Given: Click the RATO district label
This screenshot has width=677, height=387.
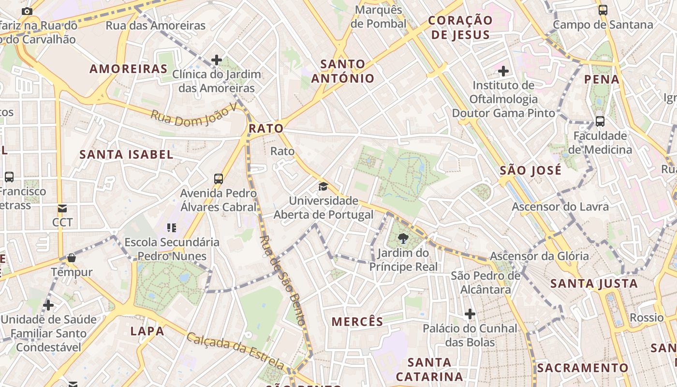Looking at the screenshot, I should point(265,129).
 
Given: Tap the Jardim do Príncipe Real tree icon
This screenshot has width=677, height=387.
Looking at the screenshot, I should point(403,238).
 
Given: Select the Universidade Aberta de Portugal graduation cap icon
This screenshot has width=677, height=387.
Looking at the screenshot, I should point(323,186).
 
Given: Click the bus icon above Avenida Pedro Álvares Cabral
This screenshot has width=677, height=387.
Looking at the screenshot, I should point(219,179).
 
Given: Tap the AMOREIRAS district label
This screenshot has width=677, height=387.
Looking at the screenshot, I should point(129,69).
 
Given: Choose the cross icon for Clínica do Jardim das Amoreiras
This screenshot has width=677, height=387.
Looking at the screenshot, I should point(217,60).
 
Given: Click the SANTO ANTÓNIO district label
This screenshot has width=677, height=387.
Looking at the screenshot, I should point(343,71).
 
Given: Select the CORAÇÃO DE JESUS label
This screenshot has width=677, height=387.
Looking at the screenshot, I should point(460,28).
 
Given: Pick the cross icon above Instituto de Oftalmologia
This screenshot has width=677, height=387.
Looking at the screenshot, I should point(503,72).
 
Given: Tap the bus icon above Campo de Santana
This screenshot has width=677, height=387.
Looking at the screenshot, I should point(603,10).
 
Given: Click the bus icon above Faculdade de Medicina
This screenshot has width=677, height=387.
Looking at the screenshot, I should point(600,121).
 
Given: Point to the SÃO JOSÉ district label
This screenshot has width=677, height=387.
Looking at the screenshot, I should point(530,170).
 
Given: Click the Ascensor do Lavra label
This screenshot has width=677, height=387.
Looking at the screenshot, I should point(560,207).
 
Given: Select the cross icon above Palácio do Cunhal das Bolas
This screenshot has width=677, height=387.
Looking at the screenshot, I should point(470,314).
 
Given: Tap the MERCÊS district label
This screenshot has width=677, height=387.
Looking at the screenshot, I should point(357,321).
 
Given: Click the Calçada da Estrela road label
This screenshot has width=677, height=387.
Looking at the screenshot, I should point(235,350).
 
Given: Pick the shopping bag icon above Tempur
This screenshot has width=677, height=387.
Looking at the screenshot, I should point(72,258).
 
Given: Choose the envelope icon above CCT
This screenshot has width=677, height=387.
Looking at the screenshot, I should point(62,208).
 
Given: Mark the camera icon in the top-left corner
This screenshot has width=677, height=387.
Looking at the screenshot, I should point(27,11).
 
